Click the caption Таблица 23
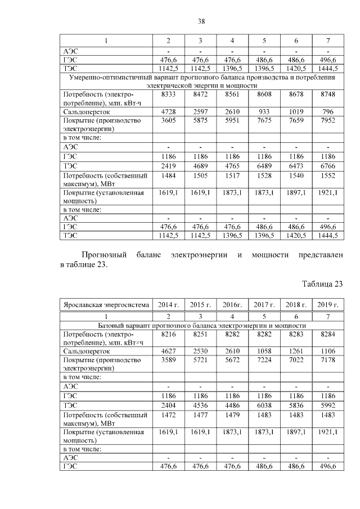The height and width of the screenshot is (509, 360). click(x=322, y=283)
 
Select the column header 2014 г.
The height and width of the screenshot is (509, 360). click(x=168, y=305)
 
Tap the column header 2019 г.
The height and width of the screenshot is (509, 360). click(x=328, y=305)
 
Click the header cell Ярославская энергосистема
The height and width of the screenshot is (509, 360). click(x=106, y=305)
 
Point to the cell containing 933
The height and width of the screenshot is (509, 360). click(x=264, y=112)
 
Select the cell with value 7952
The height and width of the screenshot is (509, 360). click(x=328, y=120)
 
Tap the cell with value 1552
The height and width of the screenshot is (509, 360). click(x=328, y=175)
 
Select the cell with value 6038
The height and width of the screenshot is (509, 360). click(x=264, y=404)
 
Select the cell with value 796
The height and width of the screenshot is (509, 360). click(x=328, y=112)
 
